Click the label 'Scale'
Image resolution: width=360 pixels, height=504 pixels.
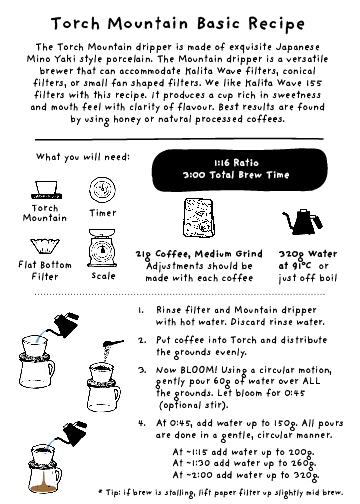coord(103,275)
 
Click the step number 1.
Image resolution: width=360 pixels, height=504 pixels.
coord(141,310)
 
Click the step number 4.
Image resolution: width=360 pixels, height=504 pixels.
coord(141,424)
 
